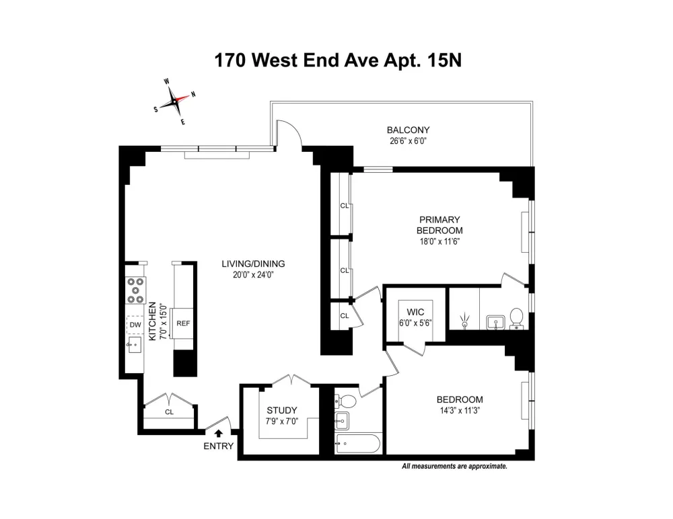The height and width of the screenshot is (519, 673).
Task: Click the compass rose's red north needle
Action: (182, 98)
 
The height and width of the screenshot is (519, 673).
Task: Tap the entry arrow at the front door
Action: (219, 434)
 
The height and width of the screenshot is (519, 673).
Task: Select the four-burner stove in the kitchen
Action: (136, 291)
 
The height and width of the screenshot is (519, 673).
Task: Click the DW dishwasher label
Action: (135, 325)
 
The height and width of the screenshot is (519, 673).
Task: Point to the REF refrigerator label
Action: (183, 323)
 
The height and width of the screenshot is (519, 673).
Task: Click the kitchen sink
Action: (134, 344)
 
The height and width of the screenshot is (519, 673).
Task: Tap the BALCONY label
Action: (409, 130)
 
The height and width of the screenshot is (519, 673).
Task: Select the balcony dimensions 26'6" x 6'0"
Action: (409, 141)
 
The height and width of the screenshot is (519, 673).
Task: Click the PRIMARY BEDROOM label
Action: (439, 225)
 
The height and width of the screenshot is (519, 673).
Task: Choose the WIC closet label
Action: (415, 312)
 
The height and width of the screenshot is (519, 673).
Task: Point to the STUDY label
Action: (282, 411)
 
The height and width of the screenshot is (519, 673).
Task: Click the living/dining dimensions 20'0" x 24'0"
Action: (253, 275)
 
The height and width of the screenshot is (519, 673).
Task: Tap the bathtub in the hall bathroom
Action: (358, 444)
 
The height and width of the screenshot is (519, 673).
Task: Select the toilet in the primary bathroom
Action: (516, 318)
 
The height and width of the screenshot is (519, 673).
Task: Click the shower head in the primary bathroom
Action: (465, 321)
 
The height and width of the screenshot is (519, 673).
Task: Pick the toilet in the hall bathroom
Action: (346, 401)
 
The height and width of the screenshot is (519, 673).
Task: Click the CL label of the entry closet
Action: (169, 411)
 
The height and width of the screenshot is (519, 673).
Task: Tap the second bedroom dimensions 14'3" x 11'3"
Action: (460, 411)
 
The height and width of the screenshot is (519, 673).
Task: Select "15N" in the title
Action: (444, 60)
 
